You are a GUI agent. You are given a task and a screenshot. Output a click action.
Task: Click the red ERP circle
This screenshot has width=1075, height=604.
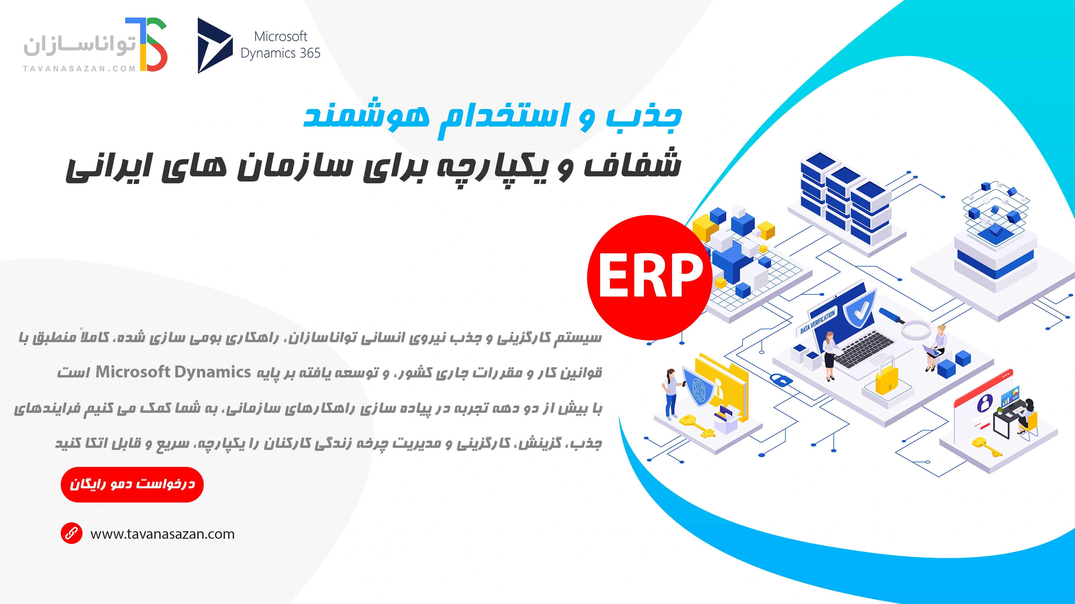[x=649, y=277]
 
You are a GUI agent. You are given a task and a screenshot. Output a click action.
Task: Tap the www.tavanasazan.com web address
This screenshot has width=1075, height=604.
[x=162, y=534]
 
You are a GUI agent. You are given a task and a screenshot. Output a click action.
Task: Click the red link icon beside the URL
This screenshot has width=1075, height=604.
[x=71, y=533]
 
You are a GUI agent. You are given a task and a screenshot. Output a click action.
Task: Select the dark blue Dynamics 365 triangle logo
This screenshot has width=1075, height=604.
[x=213, y=45]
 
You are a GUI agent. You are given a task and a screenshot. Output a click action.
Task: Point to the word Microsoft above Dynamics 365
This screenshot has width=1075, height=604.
[x=281, y=36]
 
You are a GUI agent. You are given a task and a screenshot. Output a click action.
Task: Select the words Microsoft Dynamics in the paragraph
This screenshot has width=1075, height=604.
[x=173, y=372]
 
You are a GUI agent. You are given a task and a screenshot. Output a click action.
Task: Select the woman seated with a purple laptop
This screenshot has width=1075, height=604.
[x=937, y=348]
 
